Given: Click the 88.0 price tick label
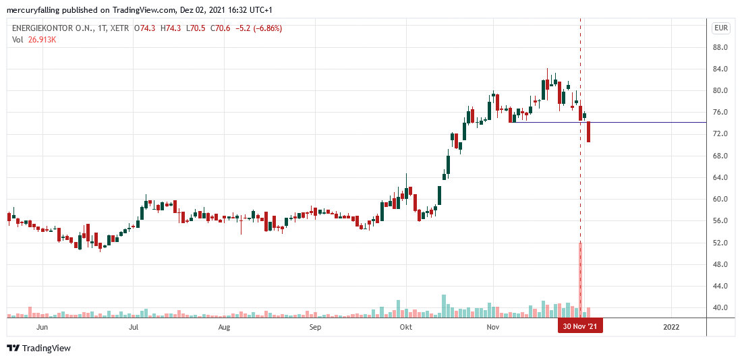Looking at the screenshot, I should coord(720,47).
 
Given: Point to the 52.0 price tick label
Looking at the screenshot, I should coord(720,243).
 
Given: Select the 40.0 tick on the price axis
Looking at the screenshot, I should coord(720,307).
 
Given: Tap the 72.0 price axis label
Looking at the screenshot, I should coord(720,134).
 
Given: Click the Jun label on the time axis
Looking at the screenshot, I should coord(42,327).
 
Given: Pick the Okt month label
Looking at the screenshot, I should coord(405,327).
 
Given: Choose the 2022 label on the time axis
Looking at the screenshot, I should coord(671,327).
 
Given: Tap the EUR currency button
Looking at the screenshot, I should coord(720,28).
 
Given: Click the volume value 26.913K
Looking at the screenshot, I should coord(42,40).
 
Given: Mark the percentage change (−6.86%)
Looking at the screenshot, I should coord(264,28).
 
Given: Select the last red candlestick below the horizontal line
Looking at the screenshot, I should coord(589,132).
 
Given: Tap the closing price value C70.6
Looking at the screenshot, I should coord(219,28).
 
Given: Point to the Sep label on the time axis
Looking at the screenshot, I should coord(314,327).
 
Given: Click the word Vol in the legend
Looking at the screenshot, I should coord(18,40).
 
